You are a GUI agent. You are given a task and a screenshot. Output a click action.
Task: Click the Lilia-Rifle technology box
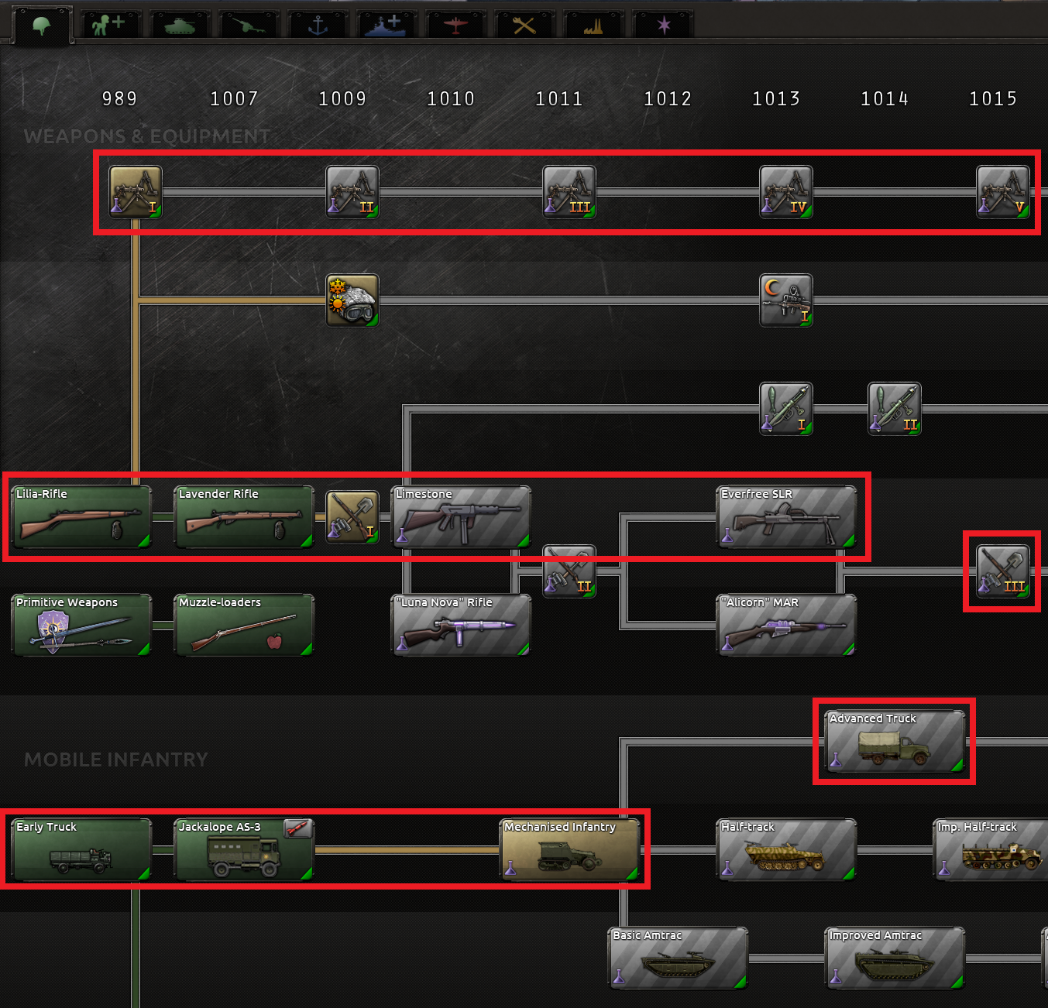coord(81,517)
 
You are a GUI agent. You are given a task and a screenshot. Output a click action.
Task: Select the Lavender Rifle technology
coord(244,517)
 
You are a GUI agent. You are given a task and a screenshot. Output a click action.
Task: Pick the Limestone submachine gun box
coord(461,517)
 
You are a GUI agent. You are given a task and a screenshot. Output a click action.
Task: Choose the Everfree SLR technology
coord(786,517)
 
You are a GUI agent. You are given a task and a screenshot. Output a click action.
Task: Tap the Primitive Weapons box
coord(81,626)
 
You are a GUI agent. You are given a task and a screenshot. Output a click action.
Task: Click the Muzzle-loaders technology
coord(244,626)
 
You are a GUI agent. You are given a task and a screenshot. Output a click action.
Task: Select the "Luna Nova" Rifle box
coord(461,626)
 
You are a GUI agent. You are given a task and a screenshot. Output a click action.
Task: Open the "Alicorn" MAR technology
coord(786,626)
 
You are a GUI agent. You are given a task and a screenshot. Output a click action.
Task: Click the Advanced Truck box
coord(895,742)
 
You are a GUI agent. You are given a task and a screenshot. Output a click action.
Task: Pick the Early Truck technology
coord(81,850)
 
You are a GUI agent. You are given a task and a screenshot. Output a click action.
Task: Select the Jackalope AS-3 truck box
coord(244,850)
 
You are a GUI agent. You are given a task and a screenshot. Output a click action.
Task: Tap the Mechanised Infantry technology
coord(570,850)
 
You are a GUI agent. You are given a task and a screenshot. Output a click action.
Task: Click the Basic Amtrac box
coord(678,958)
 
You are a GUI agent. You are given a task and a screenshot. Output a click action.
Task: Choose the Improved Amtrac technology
coord(895,958)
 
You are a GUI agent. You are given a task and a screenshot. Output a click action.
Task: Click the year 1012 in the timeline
coord(668,98)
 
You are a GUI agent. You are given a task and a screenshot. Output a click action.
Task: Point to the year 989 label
coord(119,98)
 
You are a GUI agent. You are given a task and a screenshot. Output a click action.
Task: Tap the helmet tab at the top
coord(42,26)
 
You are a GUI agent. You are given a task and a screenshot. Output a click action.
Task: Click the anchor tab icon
coord(318,26)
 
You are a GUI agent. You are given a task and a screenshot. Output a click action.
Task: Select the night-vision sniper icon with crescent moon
coord(786,300)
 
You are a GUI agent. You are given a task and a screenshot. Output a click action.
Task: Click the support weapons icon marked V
coord(1003,192)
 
